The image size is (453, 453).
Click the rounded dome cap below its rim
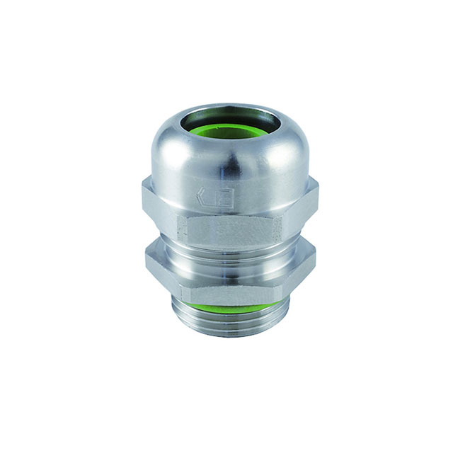click(x=226, y=163)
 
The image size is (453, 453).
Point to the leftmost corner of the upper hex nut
click(x=142, y=190)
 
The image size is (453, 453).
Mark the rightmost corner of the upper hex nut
click(x=318, y=190)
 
